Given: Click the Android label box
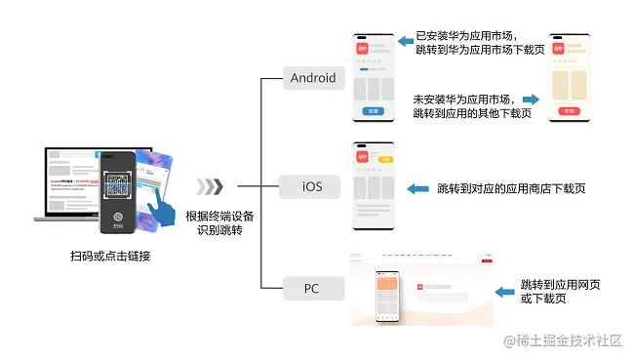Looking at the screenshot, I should pyautogui.click(x=313, y=78).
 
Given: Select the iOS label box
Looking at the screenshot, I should pyautogui.click(x=313, y=186).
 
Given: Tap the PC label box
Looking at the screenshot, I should pyautogui.click(x=312, y=289).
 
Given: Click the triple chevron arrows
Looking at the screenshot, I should pyautogui.click(x=209, y=186).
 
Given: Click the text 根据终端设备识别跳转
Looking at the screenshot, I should pyautogui.click(x=219, y=223).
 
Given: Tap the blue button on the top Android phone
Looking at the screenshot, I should pyautogui.click(x=373, y=111).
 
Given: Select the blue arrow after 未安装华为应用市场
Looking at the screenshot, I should pyautogui.click(x=531, y=99).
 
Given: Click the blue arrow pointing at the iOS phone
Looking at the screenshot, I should pyautogui.click(x=418, y=187).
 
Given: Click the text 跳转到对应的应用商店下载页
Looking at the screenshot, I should pyautogui.click(x=511, y=187).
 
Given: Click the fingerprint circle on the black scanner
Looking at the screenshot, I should pyautogui.click(x=117, y=219).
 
